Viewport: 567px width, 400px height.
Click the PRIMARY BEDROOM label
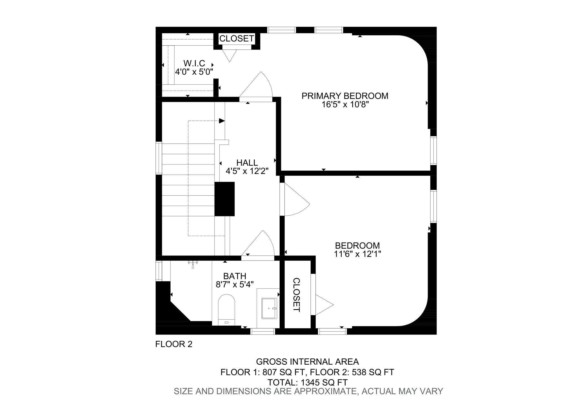click(345, 96)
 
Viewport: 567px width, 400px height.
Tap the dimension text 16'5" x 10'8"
click(345, 105)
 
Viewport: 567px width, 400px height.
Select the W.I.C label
click(194, 63)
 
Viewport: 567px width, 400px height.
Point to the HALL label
click(247, 163)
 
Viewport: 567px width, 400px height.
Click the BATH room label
click(234, 276)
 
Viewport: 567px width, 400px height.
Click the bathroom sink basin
click(269, 308)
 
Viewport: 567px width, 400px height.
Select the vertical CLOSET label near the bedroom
click(297, 295)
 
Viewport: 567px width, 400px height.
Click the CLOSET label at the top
click(237, 38)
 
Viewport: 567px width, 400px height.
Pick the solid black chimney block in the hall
click(225, 199)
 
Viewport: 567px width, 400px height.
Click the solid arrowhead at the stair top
click(222, 121)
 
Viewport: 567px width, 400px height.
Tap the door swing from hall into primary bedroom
click(259, 86)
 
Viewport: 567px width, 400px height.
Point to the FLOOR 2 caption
click(174, 344)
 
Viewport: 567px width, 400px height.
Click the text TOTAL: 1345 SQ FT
click(307, 383)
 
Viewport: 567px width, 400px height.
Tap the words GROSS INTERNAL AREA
click(307, 362)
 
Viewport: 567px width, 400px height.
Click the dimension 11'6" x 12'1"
click(357, 254)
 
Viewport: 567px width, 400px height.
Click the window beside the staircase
click(159, 158)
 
